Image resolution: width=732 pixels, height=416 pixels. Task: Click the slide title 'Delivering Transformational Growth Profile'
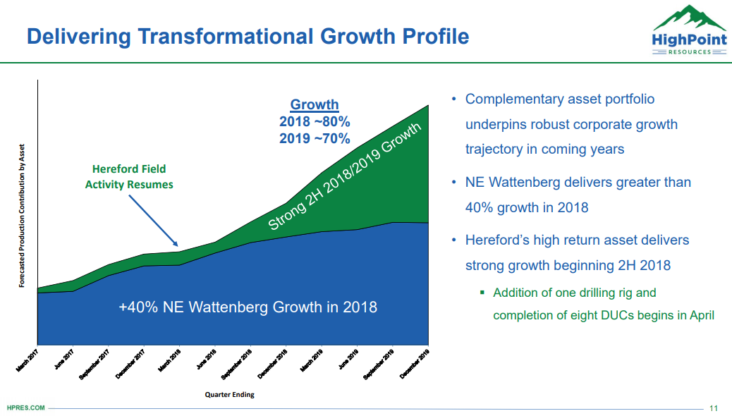pyautogui.click(x=248, y=36)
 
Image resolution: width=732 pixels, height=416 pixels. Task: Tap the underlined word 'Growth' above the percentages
pyautogui.click(x=315, y=104)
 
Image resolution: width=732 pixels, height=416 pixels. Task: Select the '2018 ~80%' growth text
pyautogui.click(x=315, y=121)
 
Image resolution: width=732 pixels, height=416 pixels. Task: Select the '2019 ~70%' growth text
pyautogui.click(x=315, y=138)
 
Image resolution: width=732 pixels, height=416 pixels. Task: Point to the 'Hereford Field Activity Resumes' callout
pyautogui.click(x=129, y=177)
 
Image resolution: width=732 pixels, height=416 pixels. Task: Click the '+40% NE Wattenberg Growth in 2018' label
pyautogui.click(x=248, y=307)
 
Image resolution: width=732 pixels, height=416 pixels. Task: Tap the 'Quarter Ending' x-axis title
pyautogui.click(x=230, y=395)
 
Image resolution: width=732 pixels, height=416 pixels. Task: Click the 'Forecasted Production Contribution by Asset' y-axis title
pyautogui.click(x=21, y=216)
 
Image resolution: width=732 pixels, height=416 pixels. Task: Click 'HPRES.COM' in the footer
pyautogui.click(x=25, y=408)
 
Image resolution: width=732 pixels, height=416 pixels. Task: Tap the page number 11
pyautogui.click(x=713, y=408)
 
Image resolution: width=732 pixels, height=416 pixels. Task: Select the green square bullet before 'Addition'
pyautogui.click(x=482, y=293)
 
